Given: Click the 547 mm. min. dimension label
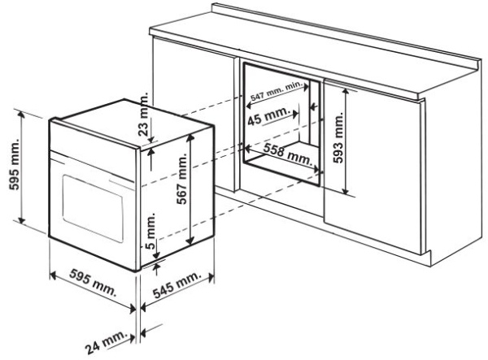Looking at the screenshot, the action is [277, 90].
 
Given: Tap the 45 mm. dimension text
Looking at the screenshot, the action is [268, 115].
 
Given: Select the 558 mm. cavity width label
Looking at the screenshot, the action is [287, 154].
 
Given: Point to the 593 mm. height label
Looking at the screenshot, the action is [338, 137].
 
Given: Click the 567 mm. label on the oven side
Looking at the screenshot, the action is [182, 179].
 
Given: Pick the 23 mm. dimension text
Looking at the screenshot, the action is [143, 114].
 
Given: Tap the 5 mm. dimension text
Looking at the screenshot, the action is [150, 231].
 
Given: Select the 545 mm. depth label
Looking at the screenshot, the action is [176, 285].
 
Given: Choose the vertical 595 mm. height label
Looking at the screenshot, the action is [14, 164].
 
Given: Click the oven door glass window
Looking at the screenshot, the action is [93, 208].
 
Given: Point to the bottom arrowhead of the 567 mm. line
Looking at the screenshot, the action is [191, 240].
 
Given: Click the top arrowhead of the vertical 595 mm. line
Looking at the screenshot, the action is [21, 115].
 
